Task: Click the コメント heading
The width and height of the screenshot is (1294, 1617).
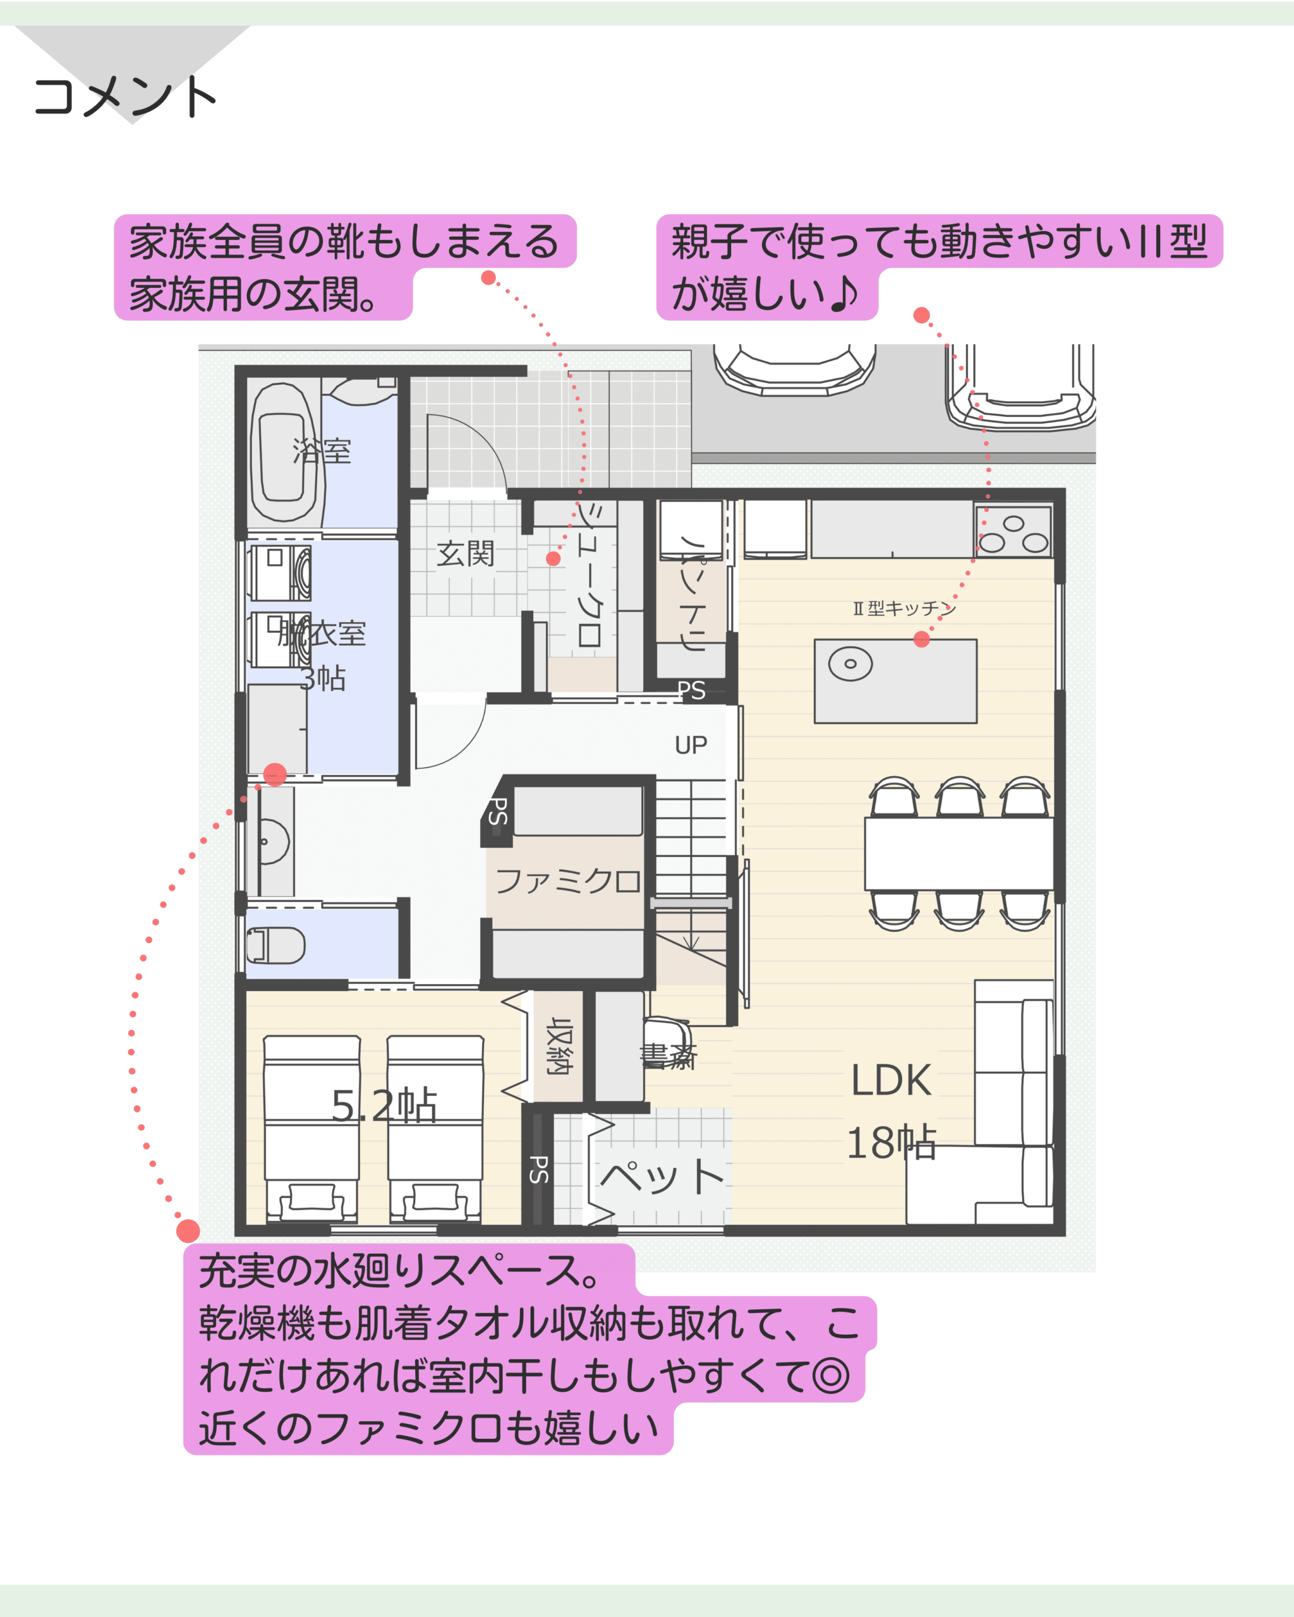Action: pos(124,97)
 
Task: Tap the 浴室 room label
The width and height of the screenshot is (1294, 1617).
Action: pos(322,451)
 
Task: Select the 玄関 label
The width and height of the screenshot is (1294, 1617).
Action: pos(466,553)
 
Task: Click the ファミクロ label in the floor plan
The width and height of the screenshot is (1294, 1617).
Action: pos(568,881)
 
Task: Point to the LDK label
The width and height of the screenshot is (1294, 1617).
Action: pos(891,1081)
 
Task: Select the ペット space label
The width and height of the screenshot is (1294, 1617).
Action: pos(662,1177)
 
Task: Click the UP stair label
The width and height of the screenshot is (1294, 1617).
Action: pos(691,745)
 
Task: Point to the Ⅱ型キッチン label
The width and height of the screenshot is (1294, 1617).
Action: pos(905,608)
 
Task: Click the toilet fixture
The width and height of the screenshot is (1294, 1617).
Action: pos(275,945)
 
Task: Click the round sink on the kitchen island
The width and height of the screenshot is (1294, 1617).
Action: pos(850,664)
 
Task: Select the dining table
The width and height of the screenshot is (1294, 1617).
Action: pos(958,853)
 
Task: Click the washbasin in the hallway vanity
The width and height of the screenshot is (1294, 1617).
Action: pos(274,841)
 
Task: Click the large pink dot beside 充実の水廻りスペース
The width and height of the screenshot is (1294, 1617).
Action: pos(188,1230)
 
